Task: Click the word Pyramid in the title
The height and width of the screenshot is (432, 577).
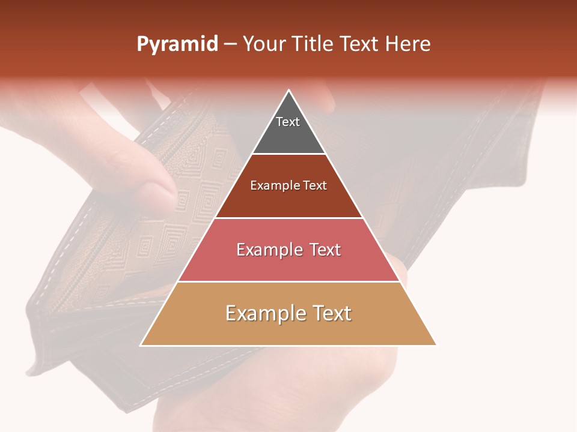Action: pyautogui.click(x=177, y=44)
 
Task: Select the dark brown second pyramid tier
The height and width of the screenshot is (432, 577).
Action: pyautogui.click(x=288, y=201)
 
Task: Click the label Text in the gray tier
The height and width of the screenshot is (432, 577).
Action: pyautogui.click(x=288, y=122)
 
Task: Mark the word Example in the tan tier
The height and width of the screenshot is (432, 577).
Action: pyautogui.click(x=263, y=314)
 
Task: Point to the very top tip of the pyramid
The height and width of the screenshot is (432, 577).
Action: pyautogui.click(x=289, y=90)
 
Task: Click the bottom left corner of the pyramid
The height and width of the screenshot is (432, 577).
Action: pyautogui.click(x=141, y=345)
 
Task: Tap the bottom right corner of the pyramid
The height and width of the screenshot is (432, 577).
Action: pyautogui.click(x=436, y=345)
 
